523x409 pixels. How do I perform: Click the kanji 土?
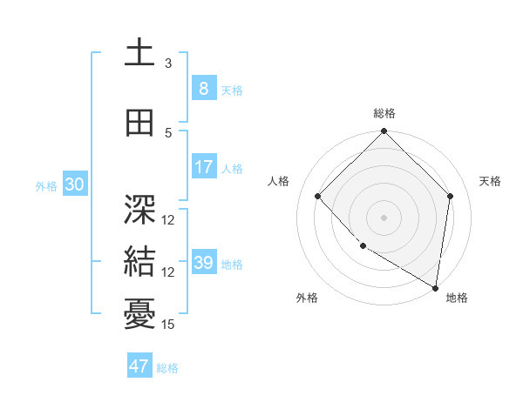pos(140,52)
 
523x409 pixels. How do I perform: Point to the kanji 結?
pos(140,261)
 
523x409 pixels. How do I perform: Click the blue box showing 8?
pos(203,88)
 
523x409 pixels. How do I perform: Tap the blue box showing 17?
pos(203,166)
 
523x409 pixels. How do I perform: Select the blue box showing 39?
pos(203,263)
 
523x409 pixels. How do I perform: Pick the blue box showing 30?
pos(74,184)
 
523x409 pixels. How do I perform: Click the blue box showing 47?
pos(139,366)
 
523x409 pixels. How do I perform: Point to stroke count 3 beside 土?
pos(168,63)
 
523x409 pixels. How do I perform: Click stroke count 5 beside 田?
pos(168,133)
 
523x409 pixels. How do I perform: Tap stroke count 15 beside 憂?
pos(168,325)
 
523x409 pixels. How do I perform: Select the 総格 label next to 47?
pos(167,368)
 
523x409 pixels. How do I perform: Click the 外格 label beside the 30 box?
pos(46,185)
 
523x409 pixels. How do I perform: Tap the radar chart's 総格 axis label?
pos(384,113)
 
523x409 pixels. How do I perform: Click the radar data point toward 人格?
pos(318,197)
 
